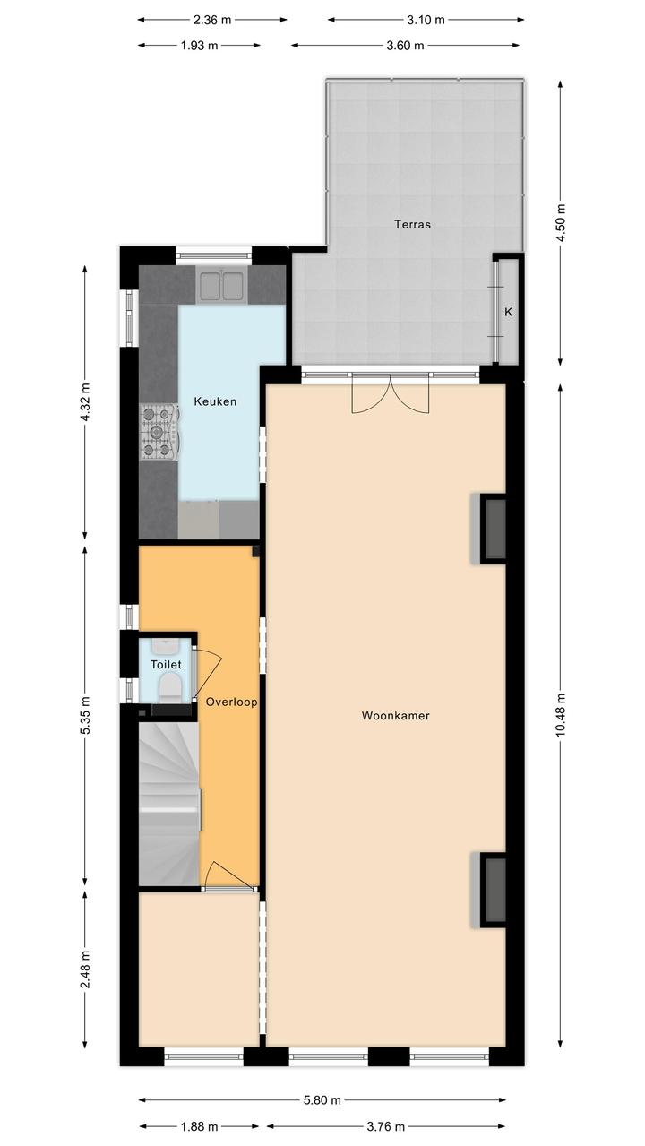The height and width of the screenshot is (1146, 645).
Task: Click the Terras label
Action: click(412, 224)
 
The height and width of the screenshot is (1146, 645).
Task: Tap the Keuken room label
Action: click(215, 401)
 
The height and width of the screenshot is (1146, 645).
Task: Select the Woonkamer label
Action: click(395, 716)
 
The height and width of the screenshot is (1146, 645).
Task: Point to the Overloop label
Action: click(231, 702)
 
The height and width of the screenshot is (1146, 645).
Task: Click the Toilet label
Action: click(166, 665)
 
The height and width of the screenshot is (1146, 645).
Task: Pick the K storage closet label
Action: click(509, 312)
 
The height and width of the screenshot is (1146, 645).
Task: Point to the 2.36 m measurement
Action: click(212, 20)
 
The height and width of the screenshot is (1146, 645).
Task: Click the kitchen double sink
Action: click(221, 286)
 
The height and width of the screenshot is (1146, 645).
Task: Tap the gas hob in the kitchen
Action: click(159, 432)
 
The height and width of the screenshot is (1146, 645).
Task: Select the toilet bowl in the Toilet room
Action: click(168, 686)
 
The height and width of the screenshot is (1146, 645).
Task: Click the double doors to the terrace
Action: click(391, 393)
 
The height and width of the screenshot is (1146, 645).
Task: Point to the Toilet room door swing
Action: click(207, 673)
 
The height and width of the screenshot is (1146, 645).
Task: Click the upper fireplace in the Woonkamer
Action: click(489, 529)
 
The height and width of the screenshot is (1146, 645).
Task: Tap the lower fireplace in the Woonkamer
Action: click(489, 890)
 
